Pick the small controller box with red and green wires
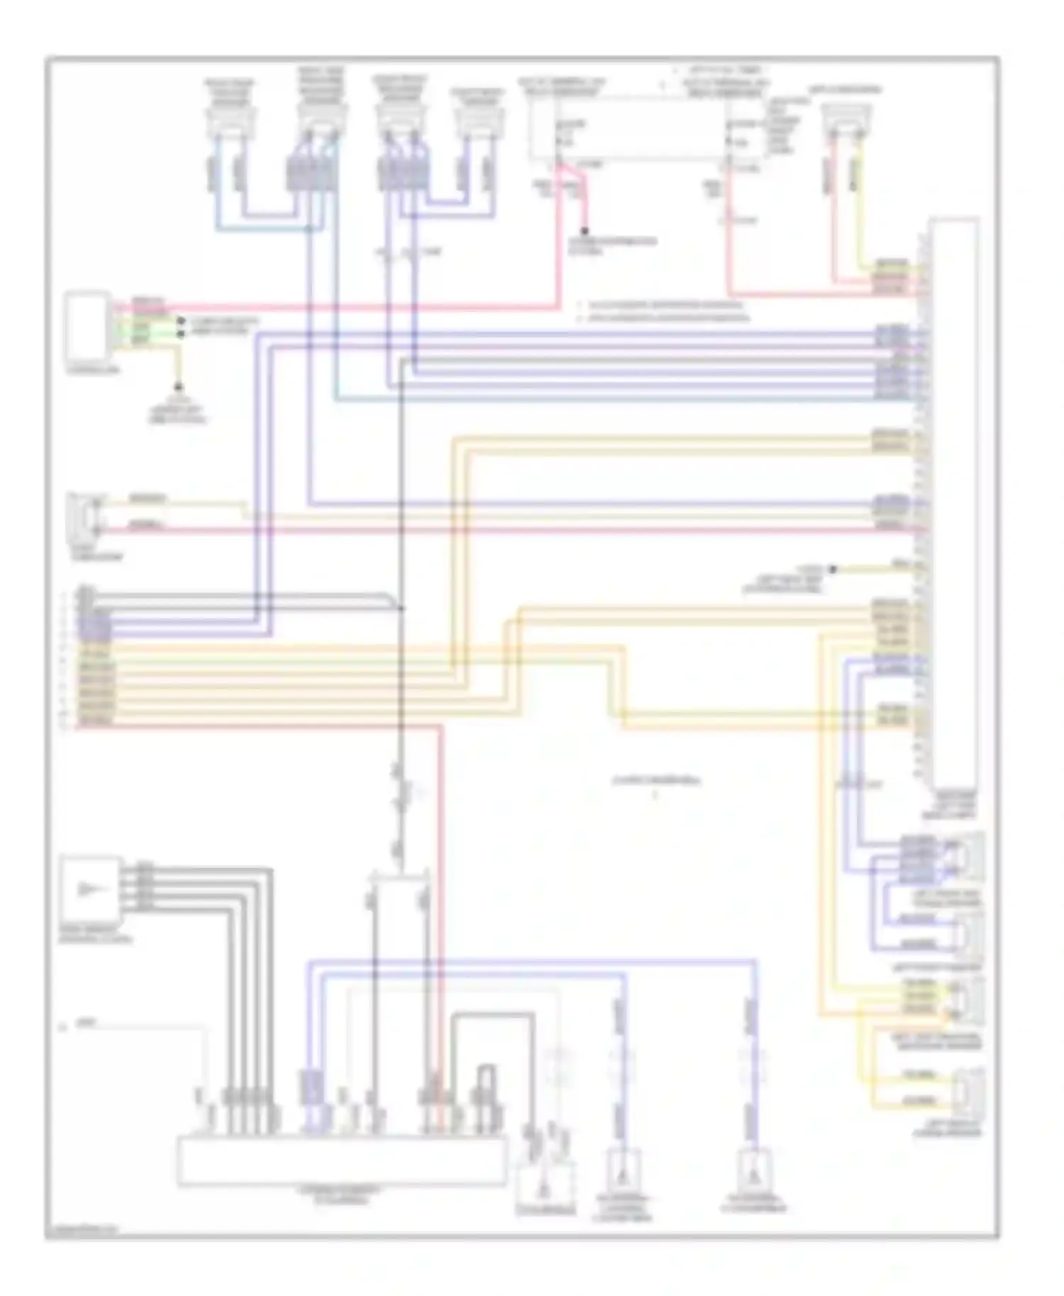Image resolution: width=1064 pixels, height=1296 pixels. click(x=87, y=325)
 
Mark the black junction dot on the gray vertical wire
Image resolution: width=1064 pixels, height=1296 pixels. click(x=401, y=608)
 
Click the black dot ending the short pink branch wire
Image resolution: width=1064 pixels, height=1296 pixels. click(x=585, y=231)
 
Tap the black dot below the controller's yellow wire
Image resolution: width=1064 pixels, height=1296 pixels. click(x=178, y=388)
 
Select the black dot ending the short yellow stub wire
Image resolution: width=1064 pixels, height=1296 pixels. click(x=833, y=569)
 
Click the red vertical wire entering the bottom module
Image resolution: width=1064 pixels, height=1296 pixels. click(x=440, y=922)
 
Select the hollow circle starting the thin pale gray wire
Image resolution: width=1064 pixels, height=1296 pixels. click(x=63, y=1026)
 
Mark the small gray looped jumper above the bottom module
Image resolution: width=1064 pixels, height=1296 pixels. click(x=486, y=1085)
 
